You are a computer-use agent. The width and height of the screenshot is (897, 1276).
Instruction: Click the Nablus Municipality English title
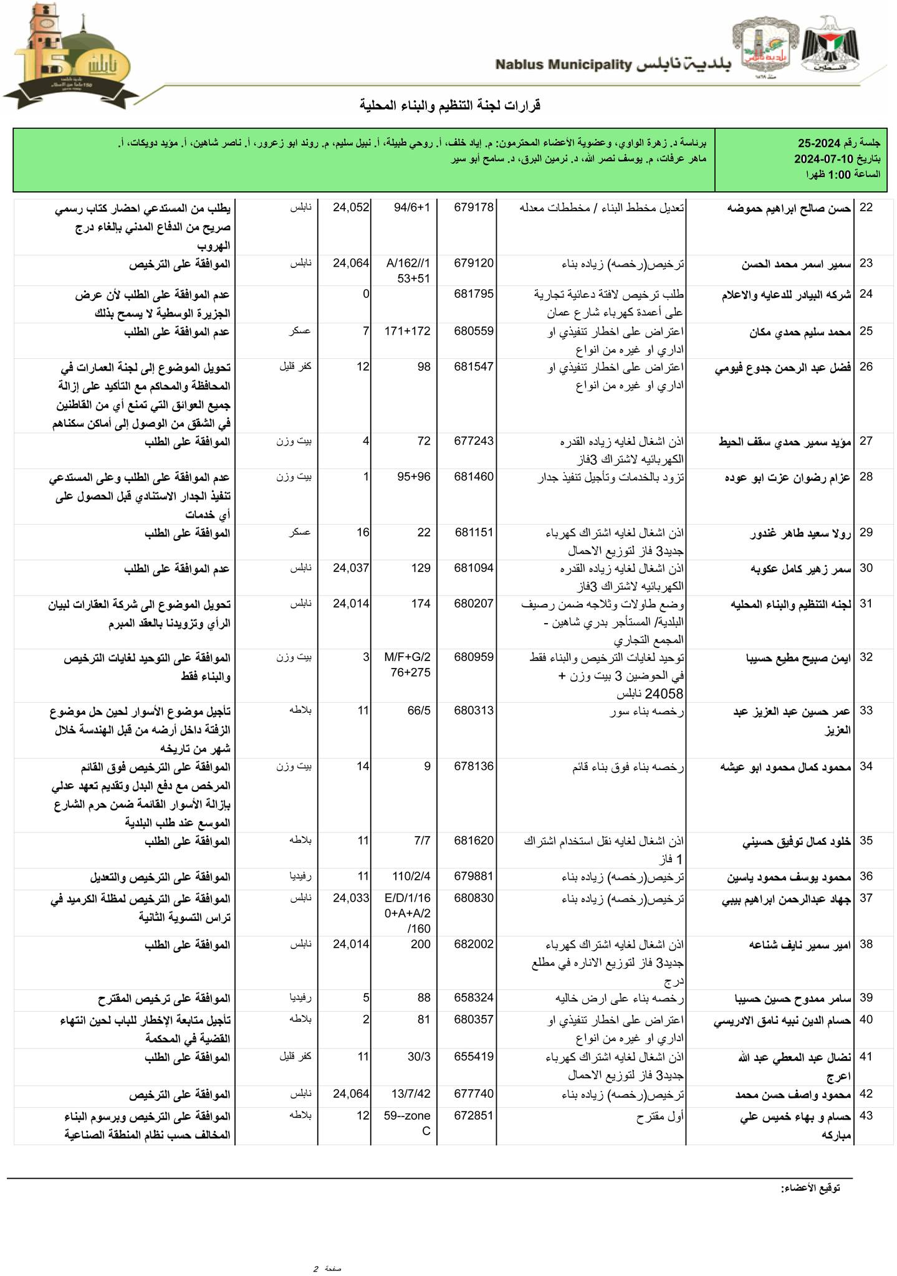click(x=564, y=64)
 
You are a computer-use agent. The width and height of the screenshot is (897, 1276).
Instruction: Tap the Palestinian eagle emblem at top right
click(x=829, y=46)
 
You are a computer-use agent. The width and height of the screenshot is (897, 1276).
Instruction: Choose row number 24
click(x=866, y=294)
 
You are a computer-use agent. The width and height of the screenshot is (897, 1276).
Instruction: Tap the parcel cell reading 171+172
click(x=408, y=331)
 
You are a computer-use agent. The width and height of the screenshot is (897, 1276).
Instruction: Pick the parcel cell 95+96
click(x=413, y=477)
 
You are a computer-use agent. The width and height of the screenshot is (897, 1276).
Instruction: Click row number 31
click(x=866, y=603)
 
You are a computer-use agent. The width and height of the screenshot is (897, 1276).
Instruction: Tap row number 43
click(x=866, y=1116)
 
